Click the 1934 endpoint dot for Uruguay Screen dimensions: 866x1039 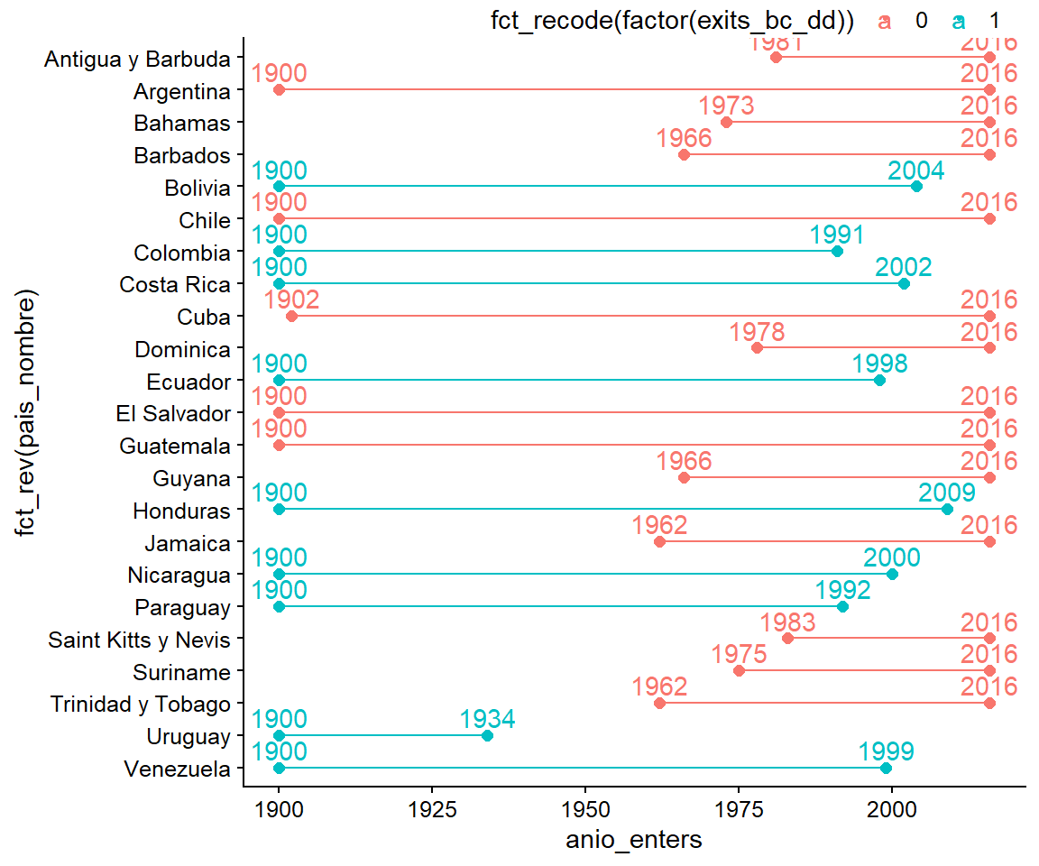pyautogui.click(x=487, y=735)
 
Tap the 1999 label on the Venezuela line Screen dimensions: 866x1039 pyautogui.click(x=887, y=752)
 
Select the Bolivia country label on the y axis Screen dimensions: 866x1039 pyautogui.click(x=198, y=188)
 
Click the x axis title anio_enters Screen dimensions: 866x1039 pyautogui.click(x=633, y=841)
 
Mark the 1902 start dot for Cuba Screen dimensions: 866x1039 pyautogui.click(x=291, y=317)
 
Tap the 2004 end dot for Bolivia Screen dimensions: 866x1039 pyautogui.click(x=916, y=187)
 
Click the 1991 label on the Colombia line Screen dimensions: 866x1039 pyautogui.click(x=837, y=235)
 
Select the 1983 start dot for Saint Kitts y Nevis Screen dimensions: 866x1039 pyautogui.click(x=787, y=639)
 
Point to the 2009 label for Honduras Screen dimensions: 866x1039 pyautogui.click(x=947, y=493)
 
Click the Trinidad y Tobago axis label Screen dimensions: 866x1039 pyautogui.click(x=141, y=705)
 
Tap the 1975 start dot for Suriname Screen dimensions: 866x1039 pyautogui.click(x=739, y=671)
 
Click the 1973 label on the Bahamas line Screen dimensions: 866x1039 pyautogui.click(x=726, y=106)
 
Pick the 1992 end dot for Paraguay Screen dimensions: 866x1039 pyautogui.click(x=842, y=606)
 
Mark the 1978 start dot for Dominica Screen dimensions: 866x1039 pyautogui.click(x=757, y=348)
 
